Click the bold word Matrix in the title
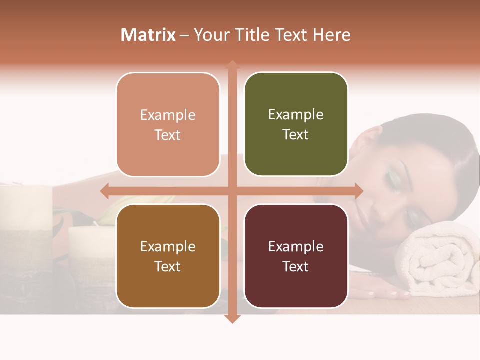148,35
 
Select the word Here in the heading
332,35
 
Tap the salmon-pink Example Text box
168,124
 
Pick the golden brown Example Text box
168,256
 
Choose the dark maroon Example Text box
296,256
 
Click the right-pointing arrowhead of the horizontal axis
358,191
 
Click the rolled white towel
440,265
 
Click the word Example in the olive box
296,114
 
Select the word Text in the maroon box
296,266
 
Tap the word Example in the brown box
168,246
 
